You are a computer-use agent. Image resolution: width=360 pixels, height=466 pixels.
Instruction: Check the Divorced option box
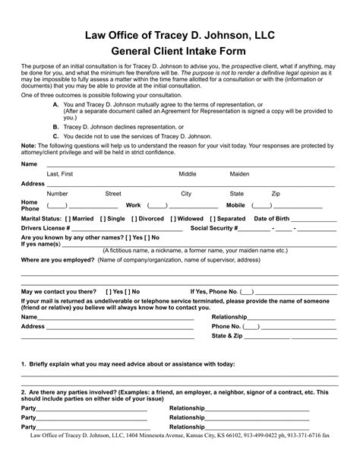coord(134,218)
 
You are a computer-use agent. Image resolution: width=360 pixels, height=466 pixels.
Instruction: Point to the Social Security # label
coord(214,228)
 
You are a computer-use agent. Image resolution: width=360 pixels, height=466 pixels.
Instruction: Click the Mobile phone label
coord(235,205)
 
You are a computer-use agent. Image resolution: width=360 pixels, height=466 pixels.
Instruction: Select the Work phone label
coord(133,205)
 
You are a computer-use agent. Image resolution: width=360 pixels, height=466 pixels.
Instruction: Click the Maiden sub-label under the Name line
coord(239,174)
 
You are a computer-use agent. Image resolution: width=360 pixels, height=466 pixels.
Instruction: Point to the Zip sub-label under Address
coord(276,194)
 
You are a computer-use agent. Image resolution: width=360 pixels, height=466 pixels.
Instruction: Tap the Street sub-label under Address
coord(112,194)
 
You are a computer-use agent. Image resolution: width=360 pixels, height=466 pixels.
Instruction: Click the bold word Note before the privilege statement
coord(28,145)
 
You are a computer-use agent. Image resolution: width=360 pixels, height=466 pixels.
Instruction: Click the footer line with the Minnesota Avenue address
coord(180,458)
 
